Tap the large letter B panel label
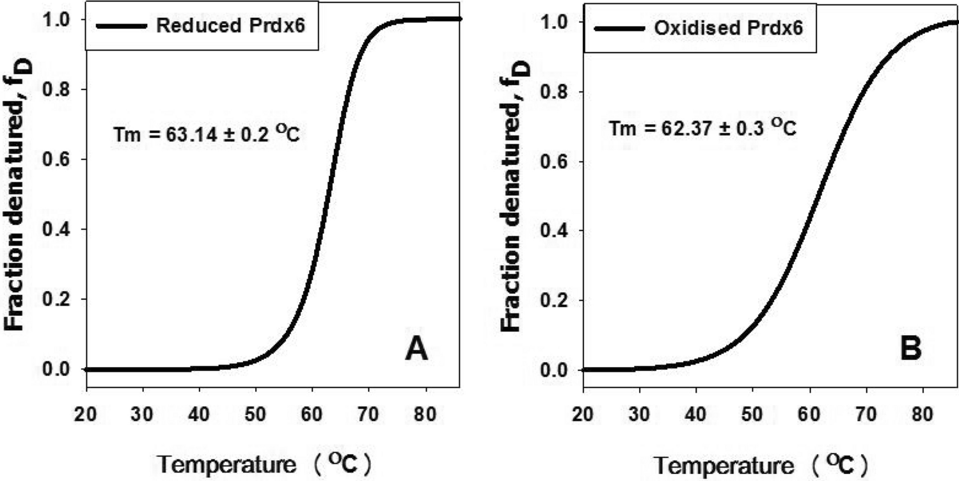[x=907, y=349]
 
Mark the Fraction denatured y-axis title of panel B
[x=517, y=193]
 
